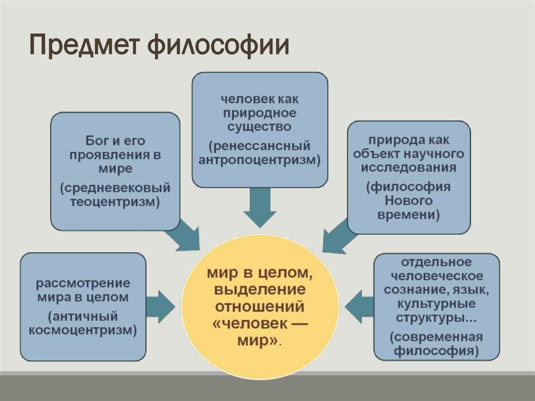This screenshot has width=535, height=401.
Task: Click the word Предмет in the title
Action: point(84,47)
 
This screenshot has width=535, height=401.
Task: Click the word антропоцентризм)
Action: point(260,159)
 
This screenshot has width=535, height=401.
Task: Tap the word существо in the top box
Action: point(260,127)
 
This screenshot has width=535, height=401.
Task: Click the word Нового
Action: point(409,200)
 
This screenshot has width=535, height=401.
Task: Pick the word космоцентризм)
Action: point(84,330)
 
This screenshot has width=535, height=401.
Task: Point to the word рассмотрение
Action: point(83,283)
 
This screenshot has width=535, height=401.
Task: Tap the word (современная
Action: point(437,337)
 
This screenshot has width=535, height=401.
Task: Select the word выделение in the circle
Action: point(260,290)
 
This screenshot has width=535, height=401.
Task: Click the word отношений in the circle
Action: point(260,306)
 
